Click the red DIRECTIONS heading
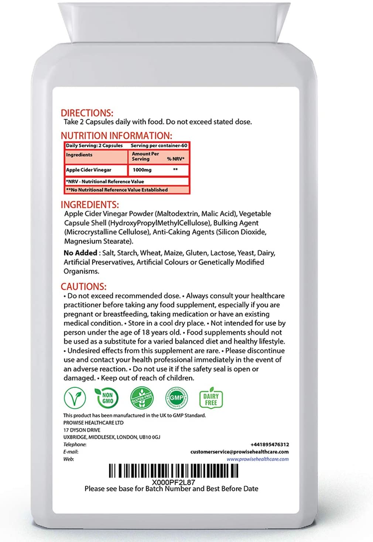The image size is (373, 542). (x=87, y=113)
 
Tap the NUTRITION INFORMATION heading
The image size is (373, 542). (x=116, y=136)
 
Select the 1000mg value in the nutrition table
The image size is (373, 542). (x=142, y=170)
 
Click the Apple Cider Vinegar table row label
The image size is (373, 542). (x=89, y=170)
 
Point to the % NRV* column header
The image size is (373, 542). (x=175, y=159)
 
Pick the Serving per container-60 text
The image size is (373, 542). (x=159, y=146)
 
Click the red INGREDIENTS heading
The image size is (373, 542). (x=90, y=205)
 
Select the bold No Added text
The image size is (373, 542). (x=80, y=253)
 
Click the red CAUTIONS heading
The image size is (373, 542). (x=83, y=286)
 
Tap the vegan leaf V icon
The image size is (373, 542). (x=75, y=398)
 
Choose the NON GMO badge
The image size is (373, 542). (x=107, y=398)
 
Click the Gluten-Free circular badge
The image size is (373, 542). (x=142, y=398)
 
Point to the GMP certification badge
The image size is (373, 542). (x=176, y=398)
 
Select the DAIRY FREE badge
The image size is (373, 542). (x=211, y=398)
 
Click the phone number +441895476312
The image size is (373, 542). (x=270, y=445)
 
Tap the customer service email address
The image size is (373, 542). (x=239, y=452)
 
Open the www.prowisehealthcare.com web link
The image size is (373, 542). (x=257, y=459)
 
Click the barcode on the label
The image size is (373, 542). (x=173, y=471)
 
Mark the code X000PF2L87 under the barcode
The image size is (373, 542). (x=173, y=482)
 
